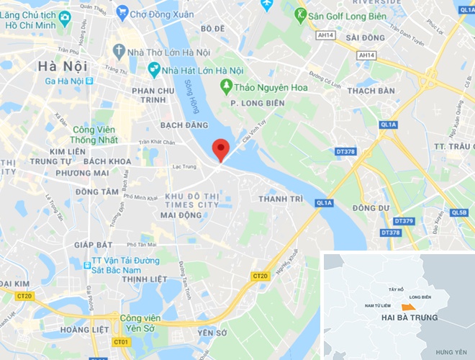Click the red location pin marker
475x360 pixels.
[x=221, y=149]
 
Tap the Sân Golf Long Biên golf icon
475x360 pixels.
[x=300, y=13]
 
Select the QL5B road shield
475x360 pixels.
[x=458, y=212]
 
